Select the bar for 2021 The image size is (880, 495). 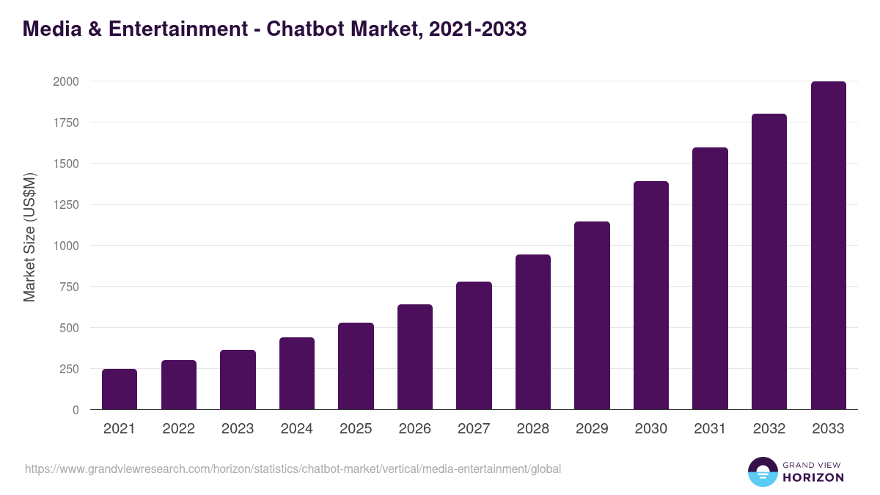pyautogui.click(x=120, y=389)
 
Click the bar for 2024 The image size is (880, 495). pyautogui.click(x=297, y=373)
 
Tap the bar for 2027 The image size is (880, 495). pyautogui.click(x=474, y=345)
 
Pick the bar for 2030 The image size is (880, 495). pyautogui.click(x=651, y=296)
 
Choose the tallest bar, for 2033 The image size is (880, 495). pyautogui.click(x=829, y=246)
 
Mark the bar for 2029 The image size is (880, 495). pyautogui.click(x=592, y=315)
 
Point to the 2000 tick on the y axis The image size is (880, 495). pyautogui.click(x=65, y=81)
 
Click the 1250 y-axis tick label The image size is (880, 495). pyautogui.click(x=65, y=205)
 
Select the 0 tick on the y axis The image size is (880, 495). pyautogui.click(x=76, y=410)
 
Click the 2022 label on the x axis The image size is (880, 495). pyautogui.click(x=178, y=429)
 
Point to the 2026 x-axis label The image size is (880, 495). pyautogui.click(x=415, y=429)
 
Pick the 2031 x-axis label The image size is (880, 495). pyautogui.click(x=710, y=429)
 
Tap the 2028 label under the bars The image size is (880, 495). pyautogui.click(x=533, y=429)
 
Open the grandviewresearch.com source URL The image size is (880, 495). pyautogui.click(x=293, y=469)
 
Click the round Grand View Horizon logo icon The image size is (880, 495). pyautogui.click(x=762, y=472)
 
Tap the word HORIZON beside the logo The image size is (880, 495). pyautogui.click(x=813, y=477)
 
